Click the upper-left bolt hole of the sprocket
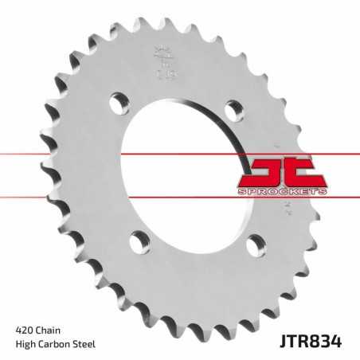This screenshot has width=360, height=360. point(119,101)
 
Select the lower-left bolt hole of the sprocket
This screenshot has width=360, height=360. point(139,238)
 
